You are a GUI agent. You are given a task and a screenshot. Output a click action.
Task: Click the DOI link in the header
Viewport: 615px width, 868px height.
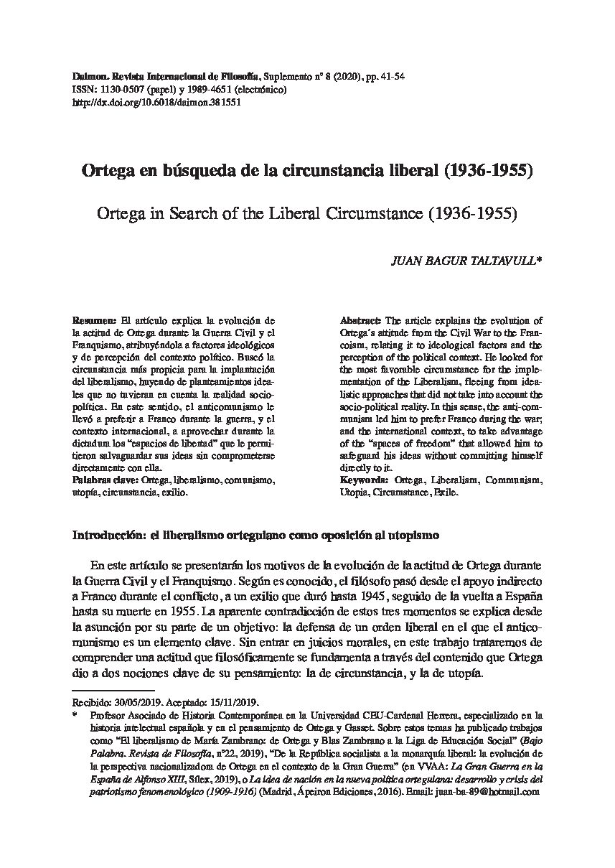click(157, 102)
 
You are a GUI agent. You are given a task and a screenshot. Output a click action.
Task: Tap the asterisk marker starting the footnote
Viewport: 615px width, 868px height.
click(75, 715)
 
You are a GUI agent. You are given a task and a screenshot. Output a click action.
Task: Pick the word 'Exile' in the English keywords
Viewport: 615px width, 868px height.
click(443, 494)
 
